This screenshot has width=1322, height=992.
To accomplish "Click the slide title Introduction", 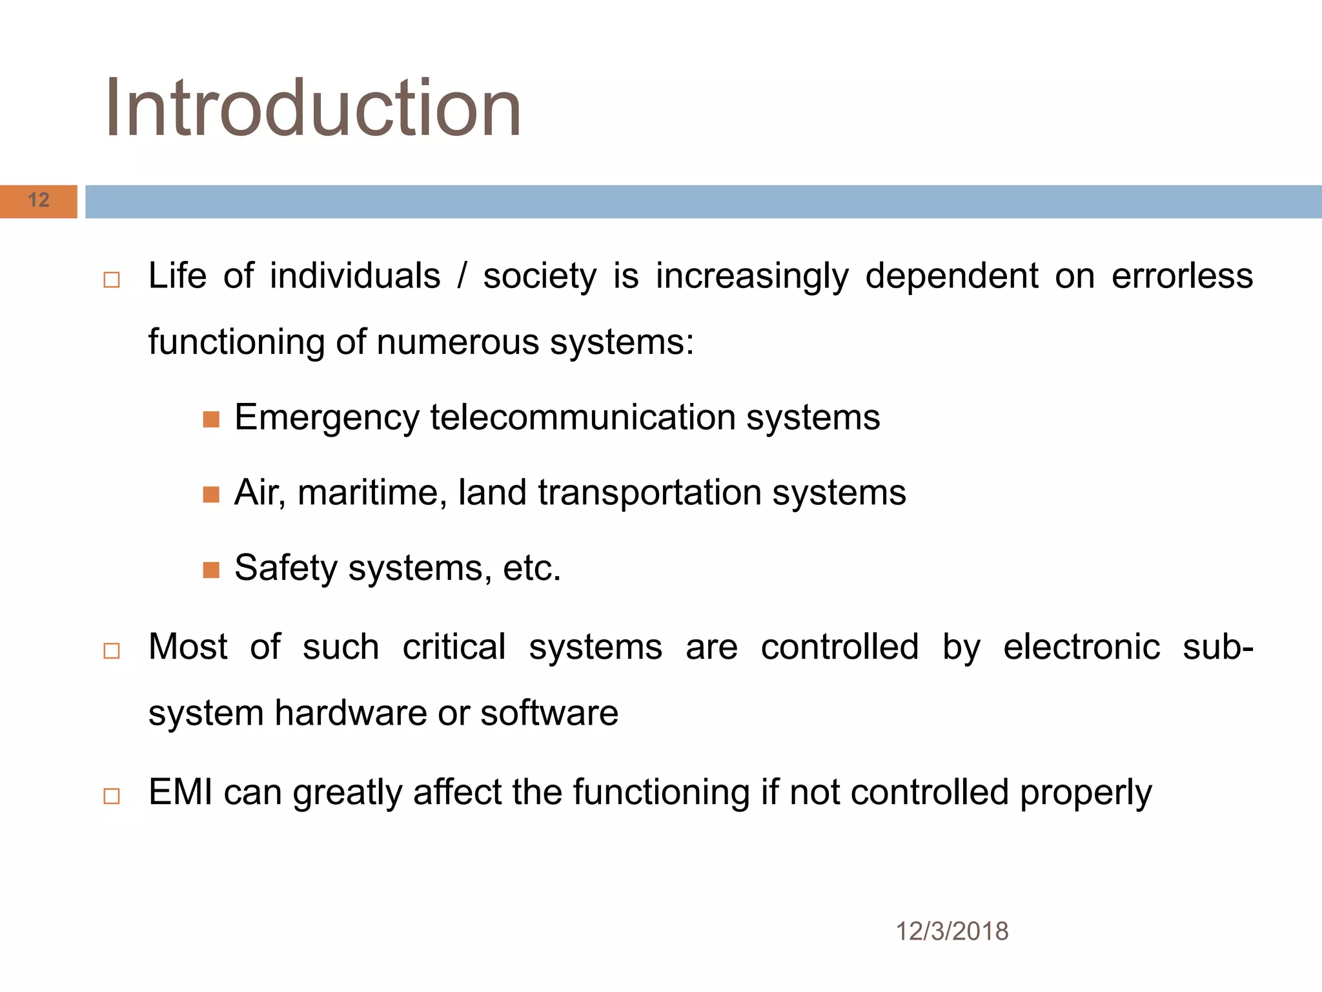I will tap(313, 108).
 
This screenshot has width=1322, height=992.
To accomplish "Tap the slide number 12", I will tap(39, 200).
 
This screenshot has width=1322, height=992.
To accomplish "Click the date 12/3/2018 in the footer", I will tap(951, 931).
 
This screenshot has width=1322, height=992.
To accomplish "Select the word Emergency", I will tap(327, 418).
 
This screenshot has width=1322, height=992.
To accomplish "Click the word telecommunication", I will tap(583, 417).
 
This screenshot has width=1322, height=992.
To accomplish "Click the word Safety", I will tap(286, 568).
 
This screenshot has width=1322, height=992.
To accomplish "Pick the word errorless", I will tap(1182, 276).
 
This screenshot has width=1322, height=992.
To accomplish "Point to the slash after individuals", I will tap(462, 276).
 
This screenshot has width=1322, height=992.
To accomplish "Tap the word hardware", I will tap(351, 713).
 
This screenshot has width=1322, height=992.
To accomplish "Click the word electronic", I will tap(1081, 647).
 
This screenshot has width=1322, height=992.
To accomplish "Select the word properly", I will tap(1086, 794).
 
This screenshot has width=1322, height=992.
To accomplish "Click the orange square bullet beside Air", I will tap(211, 495).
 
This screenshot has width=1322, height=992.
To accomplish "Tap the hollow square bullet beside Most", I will tap(112, 650).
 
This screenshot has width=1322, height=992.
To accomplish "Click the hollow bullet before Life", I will tap(112, 280).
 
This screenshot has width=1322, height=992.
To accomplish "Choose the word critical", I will tap(454, 647).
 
